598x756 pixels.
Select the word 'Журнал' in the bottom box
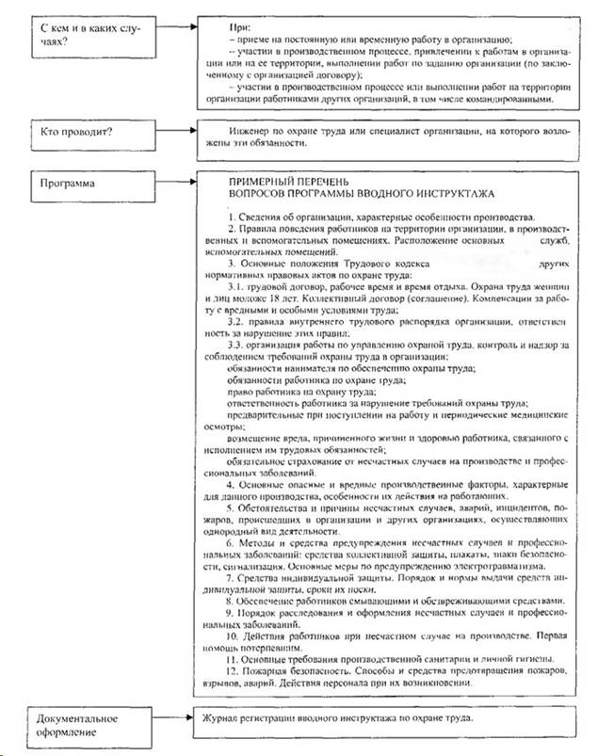tap(218, 720)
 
